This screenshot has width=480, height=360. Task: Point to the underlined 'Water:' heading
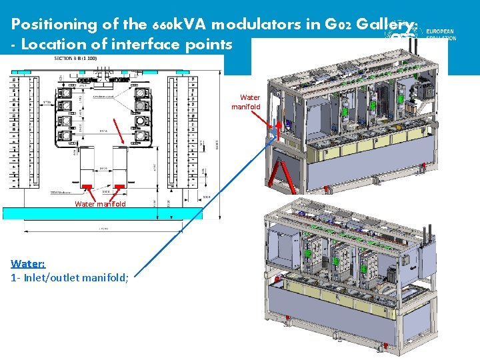[x=28, y=264]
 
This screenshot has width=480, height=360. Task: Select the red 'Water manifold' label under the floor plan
[x=100, y=204]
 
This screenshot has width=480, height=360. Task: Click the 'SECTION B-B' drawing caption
[x=75, y=59]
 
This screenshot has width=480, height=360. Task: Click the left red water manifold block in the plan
[x=87, y=186]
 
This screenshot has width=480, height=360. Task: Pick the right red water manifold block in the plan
[x=120, y=186]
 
